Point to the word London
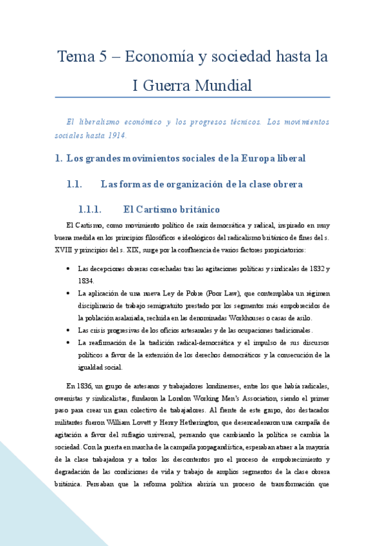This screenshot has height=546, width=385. click(x=197, y=398)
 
